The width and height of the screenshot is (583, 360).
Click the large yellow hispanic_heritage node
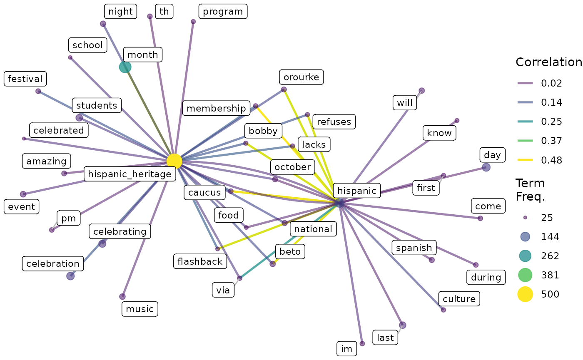174,161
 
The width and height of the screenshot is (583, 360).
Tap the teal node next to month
125,67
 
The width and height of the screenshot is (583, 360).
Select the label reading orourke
301,77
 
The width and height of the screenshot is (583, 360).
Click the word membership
216,109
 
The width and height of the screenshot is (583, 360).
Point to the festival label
25,79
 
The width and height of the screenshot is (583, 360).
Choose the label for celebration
53,263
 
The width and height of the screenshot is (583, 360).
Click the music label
140,309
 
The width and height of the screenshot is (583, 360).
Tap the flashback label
200,261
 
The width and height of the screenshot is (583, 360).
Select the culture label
459,299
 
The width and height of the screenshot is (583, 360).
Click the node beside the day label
486,167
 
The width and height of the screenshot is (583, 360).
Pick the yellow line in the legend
525,160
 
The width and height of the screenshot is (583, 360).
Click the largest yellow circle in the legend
525,294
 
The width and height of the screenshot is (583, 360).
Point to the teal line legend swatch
525,122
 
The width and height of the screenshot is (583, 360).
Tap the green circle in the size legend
525,275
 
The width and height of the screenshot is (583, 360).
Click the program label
223,12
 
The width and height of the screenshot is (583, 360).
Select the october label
293,167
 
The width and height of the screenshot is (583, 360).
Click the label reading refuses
334,122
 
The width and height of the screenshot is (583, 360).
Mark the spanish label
414,248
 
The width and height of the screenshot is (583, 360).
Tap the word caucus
204,193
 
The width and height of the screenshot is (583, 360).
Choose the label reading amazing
47,161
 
